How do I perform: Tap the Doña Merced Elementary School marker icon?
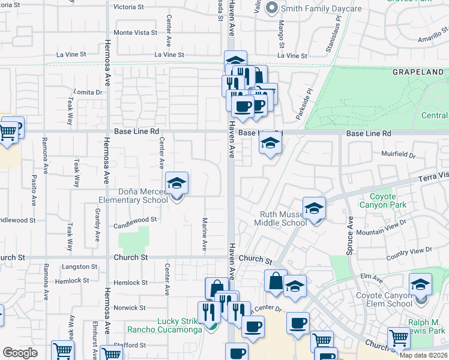point(177,184)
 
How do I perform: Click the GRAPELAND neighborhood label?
point(418,72)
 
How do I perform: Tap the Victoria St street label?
point(129,7)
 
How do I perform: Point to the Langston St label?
point(79,266)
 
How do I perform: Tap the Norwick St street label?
point(130,308)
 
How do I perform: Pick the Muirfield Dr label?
point(399,154)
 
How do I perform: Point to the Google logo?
point(20,353)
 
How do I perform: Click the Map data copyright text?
point(424,355)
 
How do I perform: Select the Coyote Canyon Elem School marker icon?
point(420,285)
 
